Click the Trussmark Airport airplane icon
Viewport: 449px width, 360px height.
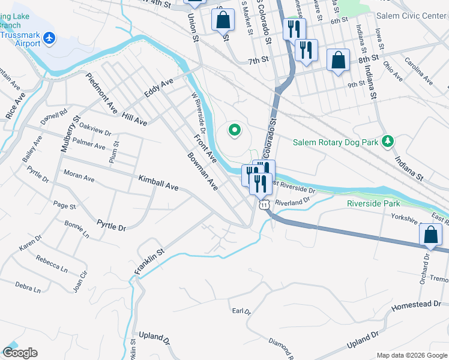(x=49, y=39)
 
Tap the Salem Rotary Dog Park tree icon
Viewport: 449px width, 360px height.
(x=388, y=141)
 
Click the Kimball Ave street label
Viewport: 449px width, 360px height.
(x=158, y=183)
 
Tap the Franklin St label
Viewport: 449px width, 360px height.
(x=149, y=263)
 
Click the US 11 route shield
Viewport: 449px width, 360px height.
(x=264, y=205)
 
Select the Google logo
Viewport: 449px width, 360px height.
(x=19, y=353)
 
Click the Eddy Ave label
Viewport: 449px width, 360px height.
(x=158, y=88)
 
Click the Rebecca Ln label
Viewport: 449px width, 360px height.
(x=52, y=264)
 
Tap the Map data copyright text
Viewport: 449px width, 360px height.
(x=411, y=355)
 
